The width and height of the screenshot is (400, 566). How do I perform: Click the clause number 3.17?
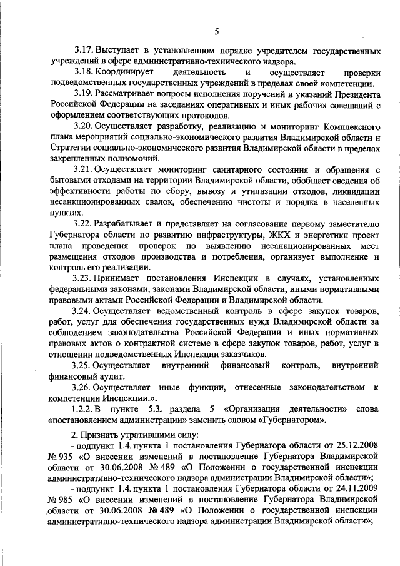82,50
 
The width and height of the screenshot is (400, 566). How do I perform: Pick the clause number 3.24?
82,311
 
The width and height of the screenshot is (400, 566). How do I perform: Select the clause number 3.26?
82,388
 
